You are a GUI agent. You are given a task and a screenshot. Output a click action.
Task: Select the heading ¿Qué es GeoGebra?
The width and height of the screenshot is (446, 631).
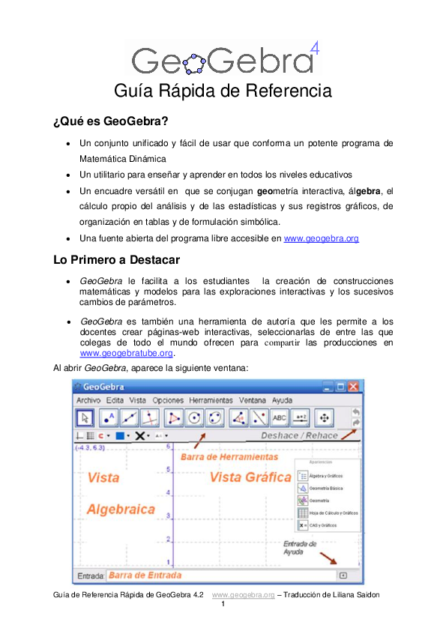(x=110, y=120)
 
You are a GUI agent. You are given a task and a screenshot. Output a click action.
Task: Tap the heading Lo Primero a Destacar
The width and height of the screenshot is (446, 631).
(x=116, y=261)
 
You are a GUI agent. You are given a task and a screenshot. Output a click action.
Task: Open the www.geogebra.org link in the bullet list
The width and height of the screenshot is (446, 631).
(x=321, y=238)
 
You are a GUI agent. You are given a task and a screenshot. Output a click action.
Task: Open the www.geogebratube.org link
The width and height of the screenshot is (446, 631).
(x=126, y=353)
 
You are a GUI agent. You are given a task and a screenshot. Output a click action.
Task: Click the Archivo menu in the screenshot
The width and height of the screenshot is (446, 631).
(x=88, y=401)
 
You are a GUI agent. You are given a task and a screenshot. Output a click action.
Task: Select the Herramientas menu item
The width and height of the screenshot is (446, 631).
(x=211, y=401)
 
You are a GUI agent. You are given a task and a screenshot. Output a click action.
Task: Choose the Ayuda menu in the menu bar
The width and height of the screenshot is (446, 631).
(x=282, y=401)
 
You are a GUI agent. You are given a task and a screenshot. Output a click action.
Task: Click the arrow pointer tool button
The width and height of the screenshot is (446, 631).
(x=85, y=418)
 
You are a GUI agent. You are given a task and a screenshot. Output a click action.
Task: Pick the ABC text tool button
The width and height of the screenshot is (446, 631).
(x=280, y=418)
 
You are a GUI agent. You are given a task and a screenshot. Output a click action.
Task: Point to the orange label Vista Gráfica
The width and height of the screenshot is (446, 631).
(x=250, y=477)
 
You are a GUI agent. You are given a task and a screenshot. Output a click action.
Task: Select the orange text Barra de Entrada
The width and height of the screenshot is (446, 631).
(x=145, y=576)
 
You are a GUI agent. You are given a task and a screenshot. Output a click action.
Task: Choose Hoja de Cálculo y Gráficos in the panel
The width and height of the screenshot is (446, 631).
(x=333, y=513)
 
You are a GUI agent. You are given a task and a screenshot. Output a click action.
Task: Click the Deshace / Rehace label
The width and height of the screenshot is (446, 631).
(x=298, y=435)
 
